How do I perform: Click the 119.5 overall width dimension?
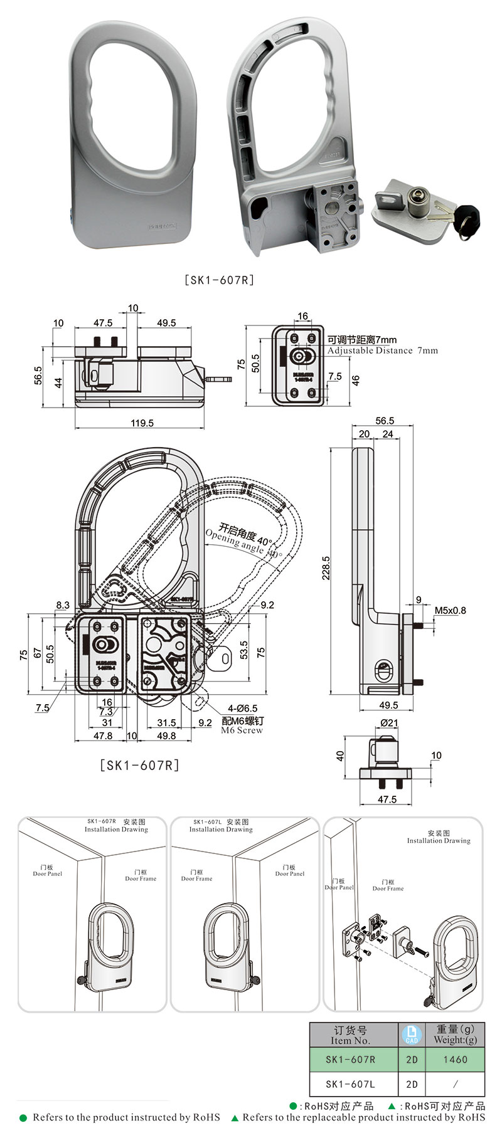pyautogui.click(x=142, y=423)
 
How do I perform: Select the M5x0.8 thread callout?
pyautogui.click(x=450, y=610)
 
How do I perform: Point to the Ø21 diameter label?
pyautogui.click(x=389, y=722)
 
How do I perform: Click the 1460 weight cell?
pyautogui.click(x=455, y=1059)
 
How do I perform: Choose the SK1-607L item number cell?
pyautogui.click(x=350, y=1083)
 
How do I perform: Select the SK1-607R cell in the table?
pyautogui.click(x=350, y=1059)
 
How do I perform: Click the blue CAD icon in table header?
pyautogui.click(x=412, y=1034)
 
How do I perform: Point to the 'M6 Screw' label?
pyautogui.click(x=242, y=730)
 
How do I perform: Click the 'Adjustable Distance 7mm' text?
pyautogui.click(x=382, y=351)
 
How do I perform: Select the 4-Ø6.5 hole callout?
pyautogui.click(x=242, y=708)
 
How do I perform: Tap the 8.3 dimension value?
pyautogui.click(x=63, y=605)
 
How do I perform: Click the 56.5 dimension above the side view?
pyautogui.click(x=384, y=421)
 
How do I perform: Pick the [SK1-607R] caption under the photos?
pyautogui.click(x=219, y=280)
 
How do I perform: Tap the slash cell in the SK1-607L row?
pyautogui.click(x=455, y=1083)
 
